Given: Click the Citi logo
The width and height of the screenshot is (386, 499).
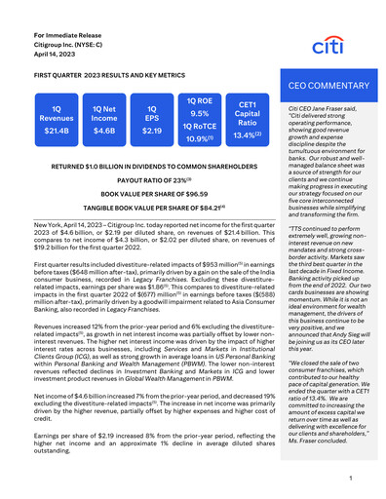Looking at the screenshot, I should [x=328, y=46].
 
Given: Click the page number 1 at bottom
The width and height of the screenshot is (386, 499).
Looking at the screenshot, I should [x=349, y=480].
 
